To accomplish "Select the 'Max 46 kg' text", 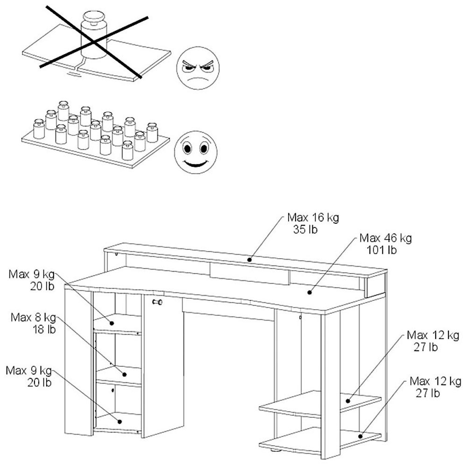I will click(x=386, y=239).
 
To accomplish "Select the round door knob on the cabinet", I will click(x=157, y=303).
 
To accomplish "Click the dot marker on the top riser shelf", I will click(x=250, y=259).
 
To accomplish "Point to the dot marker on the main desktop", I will click(x=309, y=292).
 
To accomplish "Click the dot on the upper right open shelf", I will click(x=349, y=401).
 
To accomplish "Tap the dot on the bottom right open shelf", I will click(x=361, y=436).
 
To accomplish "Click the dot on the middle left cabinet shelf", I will click(x=125, y=374).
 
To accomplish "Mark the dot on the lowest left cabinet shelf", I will click(x=120, y=421).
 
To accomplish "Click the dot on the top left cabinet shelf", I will click(x=112, y=323).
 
